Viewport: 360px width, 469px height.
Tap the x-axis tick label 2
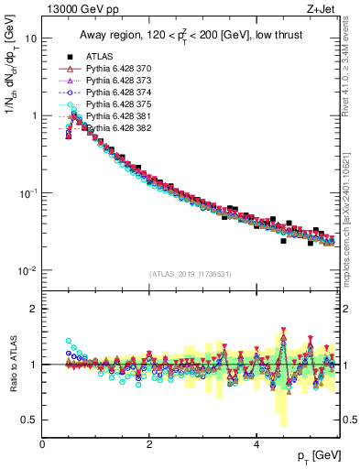(149, 442)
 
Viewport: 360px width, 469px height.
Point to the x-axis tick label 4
(256, 442)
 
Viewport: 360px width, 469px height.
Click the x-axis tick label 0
(42, 442)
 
